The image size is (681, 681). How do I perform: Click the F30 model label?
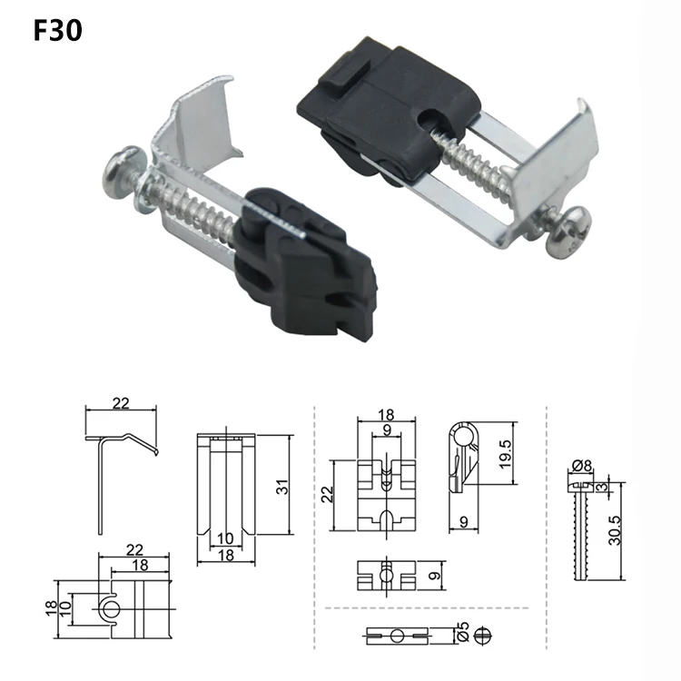click(x=57, y=31)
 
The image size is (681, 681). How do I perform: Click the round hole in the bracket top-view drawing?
click(x=109, y=607)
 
